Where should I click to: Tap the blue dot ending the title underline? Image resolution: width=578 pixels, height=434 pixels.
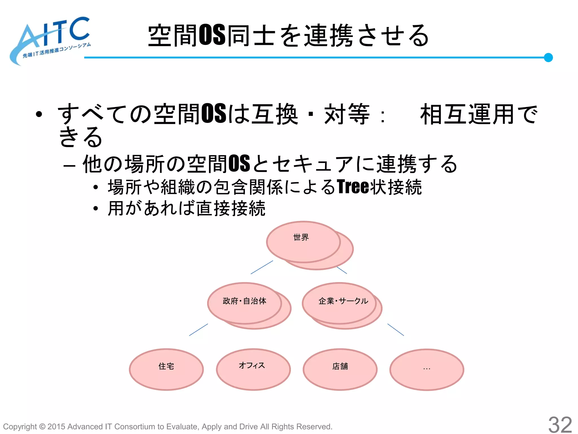(x=548, y=57)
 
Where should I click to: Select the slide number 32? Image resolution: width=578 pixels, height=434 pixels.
(x=560, y=424)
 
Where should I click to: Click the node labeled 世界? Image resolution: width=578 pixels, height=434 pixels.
(x=303, y=242)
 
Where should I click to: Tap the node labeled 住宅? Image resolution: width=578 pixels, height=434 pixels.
(x=166, y=369)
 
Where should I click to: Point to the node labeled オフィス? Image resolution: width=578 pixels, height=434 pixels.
(x=253, y=369)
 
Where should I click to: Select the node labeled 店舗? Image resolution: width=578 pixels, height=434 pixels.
(x=340, y=369)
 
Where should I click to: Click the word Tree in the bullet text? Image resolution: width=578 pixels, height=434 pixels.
(x=353, y=187)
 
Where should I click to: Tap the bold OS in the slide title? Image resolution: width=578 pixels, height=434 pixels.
(x=212, y=35)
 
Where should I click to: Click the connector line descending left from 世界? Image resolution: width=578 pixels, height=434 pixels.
(x=262, y=267)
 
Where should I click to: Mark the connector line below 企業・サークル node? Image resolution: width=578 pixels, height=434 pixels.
(x=396, y=329)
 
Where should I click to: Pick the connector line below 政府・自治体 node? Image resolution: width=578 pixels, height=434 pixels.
(x=198, y=329)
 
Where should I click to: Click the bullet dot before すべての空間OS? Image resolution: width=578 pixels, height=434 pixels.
(x=39, y=114)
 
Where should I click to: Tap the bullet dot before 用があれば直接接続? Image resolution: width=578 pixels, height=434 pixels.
(x=96, y=209)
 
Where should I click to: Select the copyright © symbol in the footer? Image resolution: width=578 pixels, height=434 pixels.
(x=42, y=427)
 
